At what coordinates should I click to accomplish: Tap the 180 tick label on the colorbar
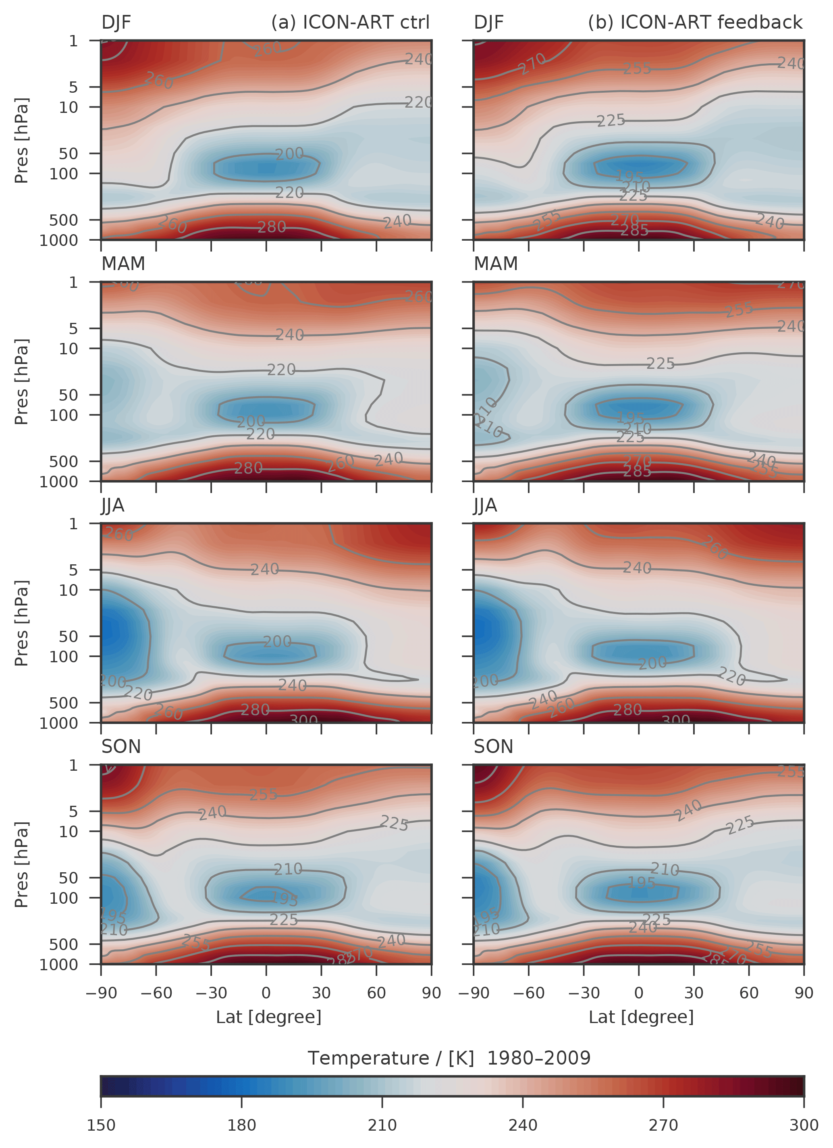tap(241, 1125)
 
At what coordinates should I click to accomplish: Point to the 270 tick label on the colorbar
tap(663, 1125)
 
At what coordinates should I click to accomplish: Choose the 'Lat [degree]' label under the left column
tap(268, 1017)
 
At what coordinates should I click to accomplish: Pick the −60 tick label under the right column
tap(528, 992)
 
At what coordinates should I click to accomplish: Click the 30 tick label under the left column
tap(321, 992)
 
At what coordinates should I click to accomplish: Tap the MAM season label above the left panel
tap(123, 264)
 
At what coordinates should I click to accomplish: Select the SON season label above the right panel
tap(493, 747)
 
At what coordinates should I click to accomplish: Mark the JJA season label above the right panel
tap(485, 505)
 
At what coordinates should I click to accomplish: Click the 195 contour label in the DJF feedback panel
tap(629, 177)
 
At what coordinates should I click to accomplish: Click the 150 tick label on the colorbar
tap(101, 1125)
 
